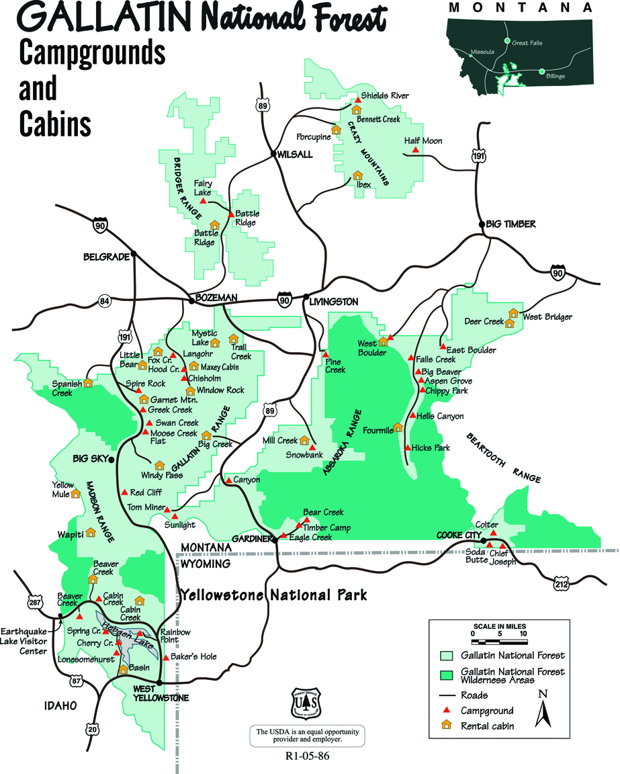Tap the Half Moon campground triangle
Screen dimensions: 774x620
[415, 151]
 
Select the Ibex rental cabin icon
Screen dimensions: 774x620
[358, 176]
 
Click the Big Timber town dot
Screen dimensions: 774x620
[481, 224]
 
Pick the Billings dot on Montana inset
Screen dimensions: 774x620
[541, 71]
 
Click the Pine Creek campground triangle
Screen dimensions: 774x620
[325, 354]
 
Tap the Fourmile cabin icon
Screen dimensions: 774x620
[398, 427]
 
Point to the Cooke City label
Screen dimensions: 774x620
[456, 535]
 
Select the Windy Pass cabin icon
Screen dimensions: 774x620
[160, 465]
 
